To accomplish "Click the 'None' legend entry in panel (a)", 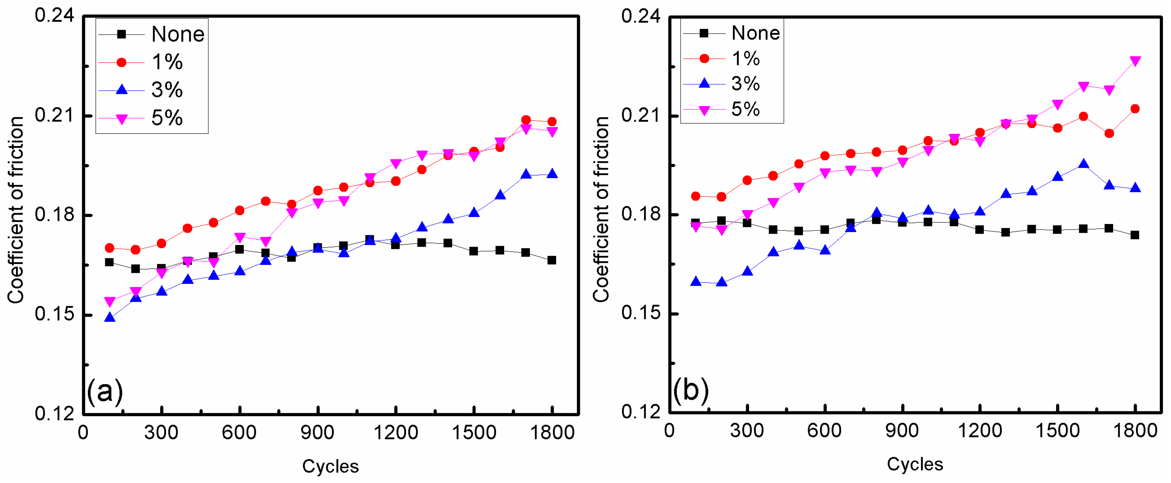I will point(177,35).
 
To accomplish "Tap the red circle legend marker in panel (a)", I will point(121,62).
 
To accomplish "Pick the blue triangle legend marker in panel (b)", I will point(704,83).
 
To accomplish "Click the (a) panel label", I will point(105,391).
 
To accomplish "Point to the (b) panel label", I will point(690,390).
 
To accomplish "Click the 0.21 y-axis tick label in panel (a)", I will point(54,115).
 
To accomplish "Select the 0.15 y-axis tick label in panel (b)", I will point(640,313).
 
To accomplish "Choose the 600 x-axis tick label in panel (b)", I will point(824,431).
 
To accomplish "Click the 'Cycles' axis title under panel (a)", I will point(330,467).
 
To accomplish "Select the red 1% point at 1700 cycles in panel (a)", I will point(526,120).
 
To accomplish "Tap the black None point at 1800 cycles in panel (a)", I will point(552,260).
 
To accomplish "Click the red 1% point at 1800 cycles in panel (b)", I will point(1135,109).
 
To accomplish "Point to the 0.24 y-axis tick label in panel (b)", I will point(640,16).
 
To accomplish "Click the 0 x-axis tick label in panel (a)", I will point(83,433).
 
